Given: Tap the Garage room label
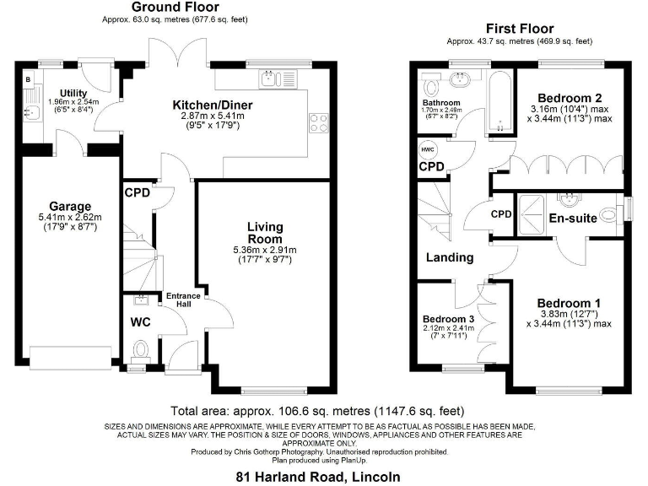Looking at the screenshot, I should [69, 207].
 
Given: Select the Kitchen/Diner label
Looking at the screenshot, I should [213, 105].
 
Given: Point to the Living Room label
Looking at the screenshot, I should [264, 232].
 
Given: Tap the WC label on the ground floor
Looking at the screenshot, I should [139, 321].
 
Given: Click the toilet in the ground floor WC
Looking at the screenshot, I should [141, 348].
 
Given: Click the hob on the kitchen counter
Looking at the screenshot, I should [320, 123].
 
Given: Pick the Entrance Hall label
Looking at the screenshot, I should [183, 301].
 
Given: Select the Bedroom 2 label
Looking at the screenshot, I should [570, 98].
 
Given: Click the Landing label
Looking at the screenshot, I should [449, 257].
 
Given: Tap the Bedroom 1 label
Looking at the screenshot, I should [569, 303].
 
